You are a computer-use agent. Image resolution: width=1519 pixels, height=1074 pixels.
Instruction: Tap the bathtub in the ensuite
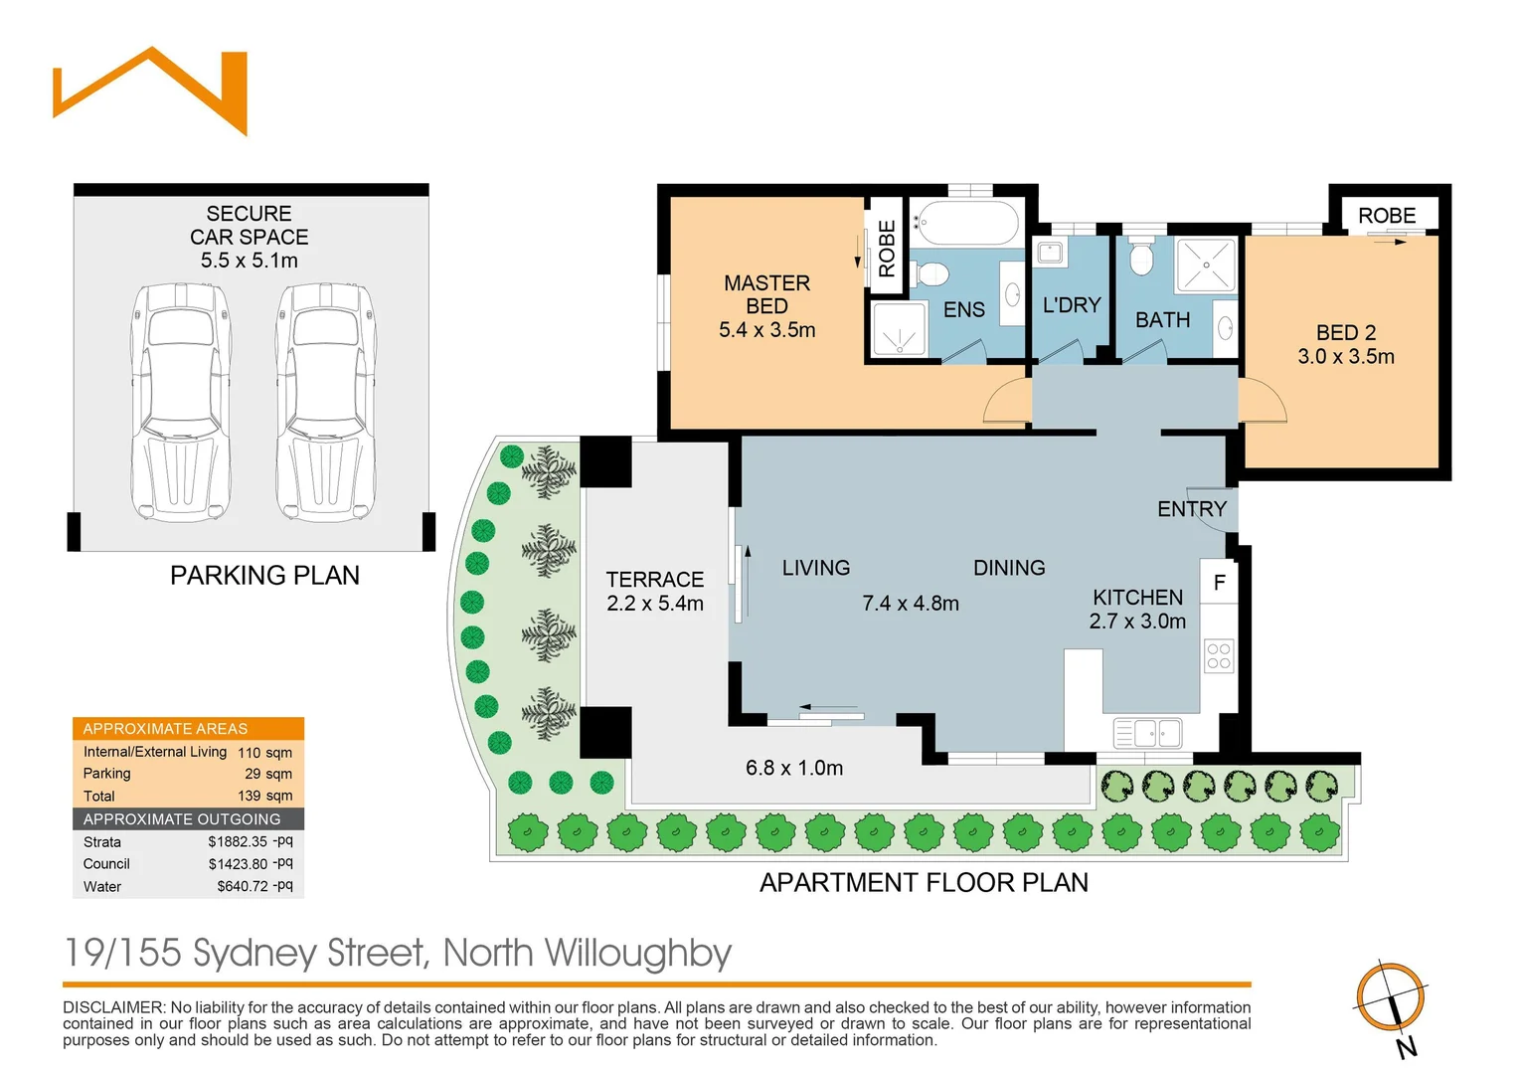pos(966,223)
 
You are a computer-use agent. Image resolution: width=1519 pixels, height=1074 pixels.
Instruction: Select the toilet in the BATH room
pos(1141,258)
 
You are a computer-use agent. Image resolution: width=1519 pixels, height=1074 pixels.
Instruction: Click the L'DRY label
pos(1071,305)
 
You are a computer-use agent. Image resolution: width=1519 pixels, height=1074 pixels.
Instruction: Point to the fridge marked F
pos(1219,583)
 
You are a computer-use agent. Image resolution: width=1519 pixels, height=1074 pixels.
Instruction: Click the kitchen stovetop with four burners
pos(1219,656)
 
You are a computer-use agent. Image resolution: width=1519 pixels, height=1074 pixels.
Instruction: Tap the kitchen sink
pos(1148,734)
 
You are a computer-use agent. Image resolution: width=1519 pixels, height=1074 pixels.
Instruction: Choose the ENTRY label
pos(1191,509)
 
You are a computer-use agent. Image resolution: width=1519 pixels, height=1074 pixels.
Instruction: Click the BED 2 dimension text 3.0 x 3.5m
pos(1345,357)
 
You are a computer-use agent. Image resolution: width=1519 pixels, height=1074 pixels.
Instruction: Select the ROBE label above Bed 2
pos(1386,216)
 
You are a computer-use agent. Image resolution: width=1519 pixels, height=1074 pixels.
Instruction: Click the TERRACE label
pos(654,579)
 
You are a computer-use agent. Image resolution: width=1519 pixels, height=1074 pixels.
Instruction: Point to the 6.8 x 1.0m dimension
pos(793,768)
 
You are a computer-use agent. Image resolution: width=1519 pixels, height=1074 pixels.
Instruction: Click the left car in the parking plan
pos(180,402)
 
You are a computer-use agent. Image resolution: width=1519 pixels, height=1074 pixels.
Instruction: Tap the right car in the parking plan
pos(325,402)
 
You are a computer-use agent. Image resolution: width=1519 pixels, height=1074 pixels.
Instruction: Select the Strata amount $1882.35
pos(238,841)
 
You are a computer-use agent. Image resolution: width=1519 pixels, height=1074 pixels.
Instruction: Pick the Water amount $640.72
pos(243,886)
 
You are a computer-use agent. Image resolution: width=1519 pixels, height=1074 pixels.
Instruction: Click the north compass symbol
pos(1391,997)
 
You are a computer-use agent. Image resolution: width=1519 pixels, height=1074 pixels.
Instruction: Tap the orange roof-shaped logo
pos(150,89)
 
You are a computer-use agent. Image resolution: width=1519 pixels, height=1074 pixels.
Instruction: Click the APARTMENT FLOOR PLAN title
pos(923,883)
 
